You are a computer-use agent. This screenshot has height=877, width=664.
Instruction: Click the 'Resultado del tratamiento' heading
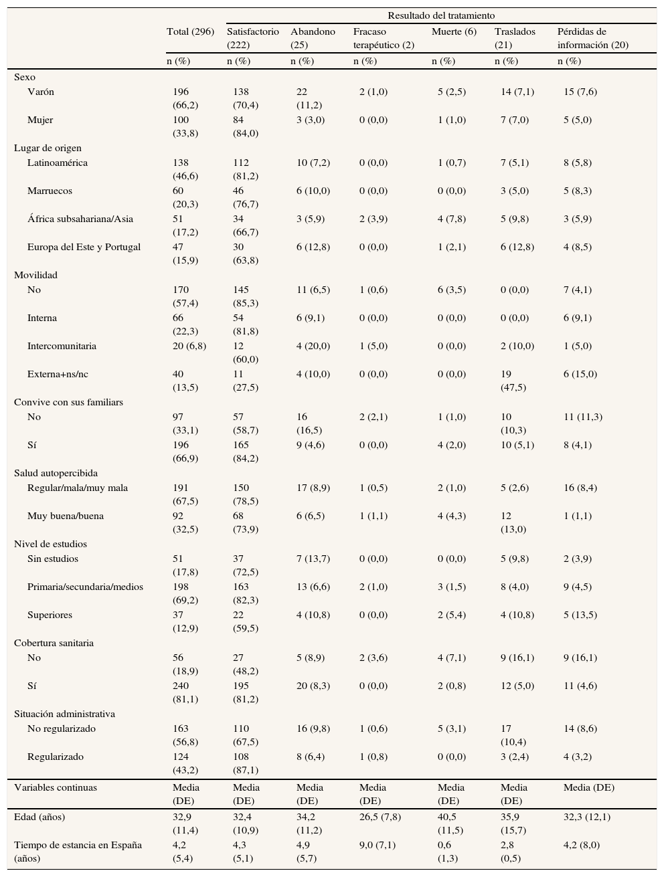click(x=440, y=15)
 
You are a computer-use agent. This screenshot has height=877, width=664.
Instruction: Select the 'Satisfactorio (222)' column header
click(x=252, y=38)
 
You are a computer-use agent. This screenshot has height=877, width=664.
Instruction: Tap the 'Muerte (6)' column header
click(x=454, y=31)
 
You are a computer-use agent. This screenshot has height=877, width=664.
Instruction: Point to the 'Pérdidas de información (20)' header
click(x=592, y=38)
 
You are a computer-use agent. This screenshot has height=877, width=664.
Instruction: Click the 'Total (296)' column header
click(x=190, y=31)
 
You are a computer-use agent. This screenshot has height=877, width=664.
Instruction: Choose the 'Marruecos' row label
click(x=50, y=191)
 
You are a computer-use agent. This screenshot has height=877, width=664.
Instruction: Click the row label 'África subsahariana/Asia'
click(x=80, y=219)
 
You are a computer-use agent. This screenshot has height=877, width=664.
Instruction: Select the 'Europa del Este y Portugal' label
click(x=84, y=247)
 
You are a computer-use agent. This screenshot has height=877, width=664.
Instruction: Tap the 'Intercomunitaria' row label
click(x=62, y=346)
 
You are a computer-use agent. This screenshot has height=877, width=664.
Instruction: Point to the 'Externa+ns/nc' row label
click(x=58, y=374)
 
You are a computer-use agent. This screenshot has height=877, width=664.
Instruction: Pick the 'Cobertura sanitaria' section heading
click(x=54, y=643)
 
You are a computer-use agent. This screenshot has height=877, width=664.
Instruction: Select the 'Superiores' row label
click(x=50, y=615)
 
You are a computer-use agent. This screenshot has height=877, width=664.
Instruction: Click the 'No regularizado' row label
click(x=62, y=728)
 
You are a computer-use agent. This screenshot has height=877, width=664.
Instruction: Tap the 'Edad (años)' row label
click(x=39, y=817)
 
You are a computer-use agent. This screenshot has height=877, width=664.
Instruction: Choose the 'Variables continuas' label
click(x=56, y=787)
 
